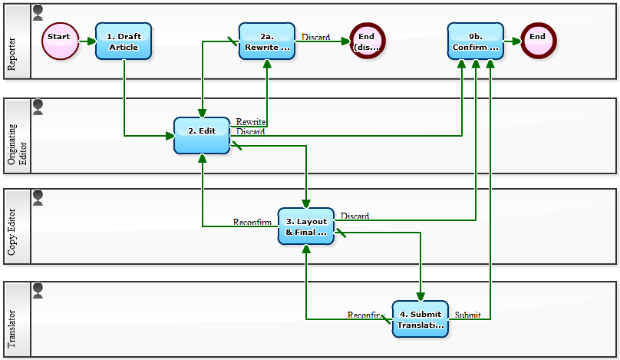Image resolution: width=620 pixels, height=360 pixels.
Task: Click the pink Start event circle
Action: pyautogui.click(x=59, y=41)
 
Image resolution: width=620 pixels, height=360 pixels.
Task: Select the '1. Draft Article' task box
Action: pyautogui.click(x=124, y=41)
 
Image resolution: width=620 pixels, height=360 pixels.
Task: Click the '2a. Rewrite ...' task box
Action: pyautogui.click(x=267, y=41)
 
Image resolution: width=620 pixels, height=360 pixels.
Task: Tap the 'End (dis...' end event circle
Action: pyautogui.click(x=367, y=41)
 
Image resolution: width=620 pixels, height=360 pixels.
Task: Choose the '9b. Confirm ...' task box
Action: pyautogui.click(x=476, y=41)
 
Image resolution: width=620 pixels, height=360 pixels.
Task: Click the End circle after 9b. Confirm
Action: pyautogui.click(x=537, y=41)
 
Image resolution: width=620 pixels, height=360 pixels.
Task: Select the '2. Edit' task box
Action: pyautogui.click(x=202, y=136)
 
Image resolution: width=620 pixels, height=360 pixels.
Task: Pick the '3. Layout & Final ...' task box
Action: pyautogui.click(x=305, y=226)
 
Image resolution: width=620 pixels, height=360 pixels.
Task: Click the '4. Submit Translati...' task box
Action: pyautogui.click(x=420, y=319)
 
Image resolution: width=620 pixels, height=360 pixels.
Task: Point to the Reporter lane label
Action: pyautogui.click(x=12, y=53)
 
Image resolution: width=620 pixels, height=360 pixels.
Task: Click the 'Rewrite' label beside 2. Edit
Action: pyautogui.click(x=251, y=122)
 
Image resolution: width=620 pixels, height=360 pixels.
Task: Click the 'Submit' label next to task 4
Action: pyautogui.click(x=467, y=315)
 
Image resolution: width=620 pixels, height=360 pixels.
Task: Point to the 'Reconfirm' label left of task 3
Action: pyautogui.click(x=252, y=223)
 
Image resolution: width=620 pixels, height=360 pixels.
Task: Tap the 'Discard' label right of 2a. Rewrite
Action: pyautogui.click(x=315, y=37)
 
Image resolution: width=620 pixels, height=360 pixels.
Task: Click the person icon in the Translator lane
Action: pyautogui.click(x=38, y=289)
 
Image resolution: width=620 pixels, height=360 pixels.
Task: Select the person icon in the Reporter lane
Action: pyautogui.click(x=38, y=12)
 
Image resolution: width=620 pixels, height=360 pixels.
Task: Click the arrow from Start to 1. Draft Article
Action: pyautogui.click(x=87, y=41)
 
